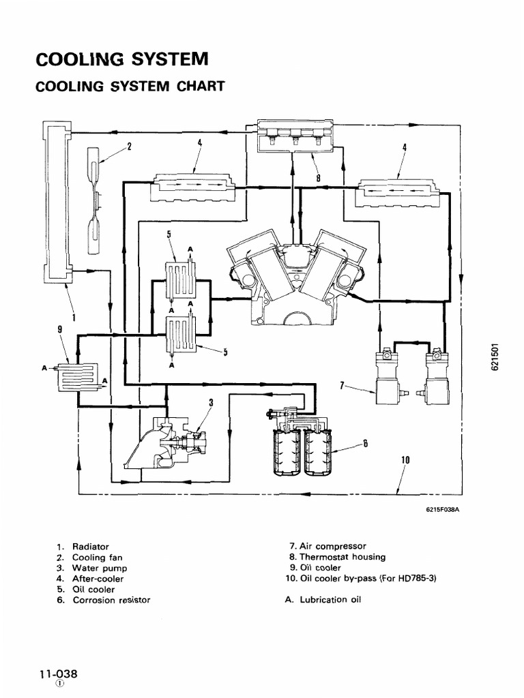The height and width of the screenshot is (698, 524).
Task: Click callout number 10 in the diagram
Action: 405,460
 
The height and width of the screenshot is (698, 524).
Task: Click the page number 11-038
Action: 59,673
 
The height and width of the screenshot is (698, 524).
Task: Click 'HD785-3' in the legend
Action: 413,578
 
